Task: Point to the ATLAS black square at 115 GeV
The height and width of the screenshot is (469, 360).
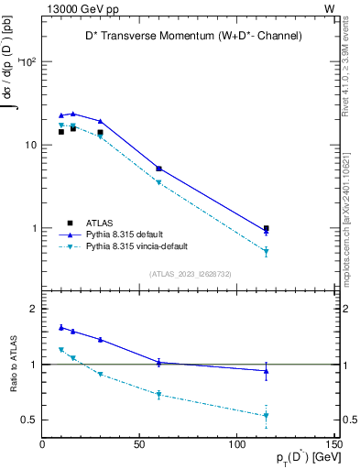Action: (x=266, y=229)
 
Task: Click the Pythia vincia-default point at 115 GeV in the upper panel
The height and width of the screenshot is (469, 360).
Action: (x=266, y=251)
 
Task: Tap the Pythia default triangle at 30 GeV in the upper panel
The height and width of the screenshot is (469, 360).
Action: (x=101, y=121)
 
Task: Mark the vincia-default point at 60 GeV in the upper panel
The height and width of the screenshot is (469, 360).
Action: (x=158, y=182)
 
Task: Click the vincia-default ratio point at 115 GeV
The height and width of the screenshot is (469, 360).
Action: (x=266, y=415)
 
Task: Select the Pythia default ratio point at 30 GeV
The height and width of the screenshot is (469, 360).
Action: (x=101, y=339)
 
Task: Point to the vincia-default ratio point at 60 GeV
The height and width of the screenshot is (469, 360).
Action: (x=158, y=395)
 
